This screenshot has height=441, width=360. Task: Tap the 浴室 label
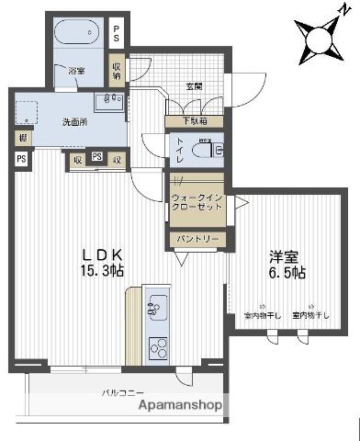click(76, 70)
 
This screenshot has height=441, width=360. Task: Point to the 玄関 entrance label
click(195, 87)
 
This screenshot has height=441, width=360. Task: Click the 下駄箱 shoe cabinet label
click(194, 120)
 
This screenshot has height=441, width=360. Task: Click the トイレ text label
click(179, 147)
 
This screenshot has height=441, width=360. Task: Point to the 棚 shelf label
click(20, 138)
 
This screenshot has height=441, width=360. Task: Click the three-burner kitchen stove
click(157, 348)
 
